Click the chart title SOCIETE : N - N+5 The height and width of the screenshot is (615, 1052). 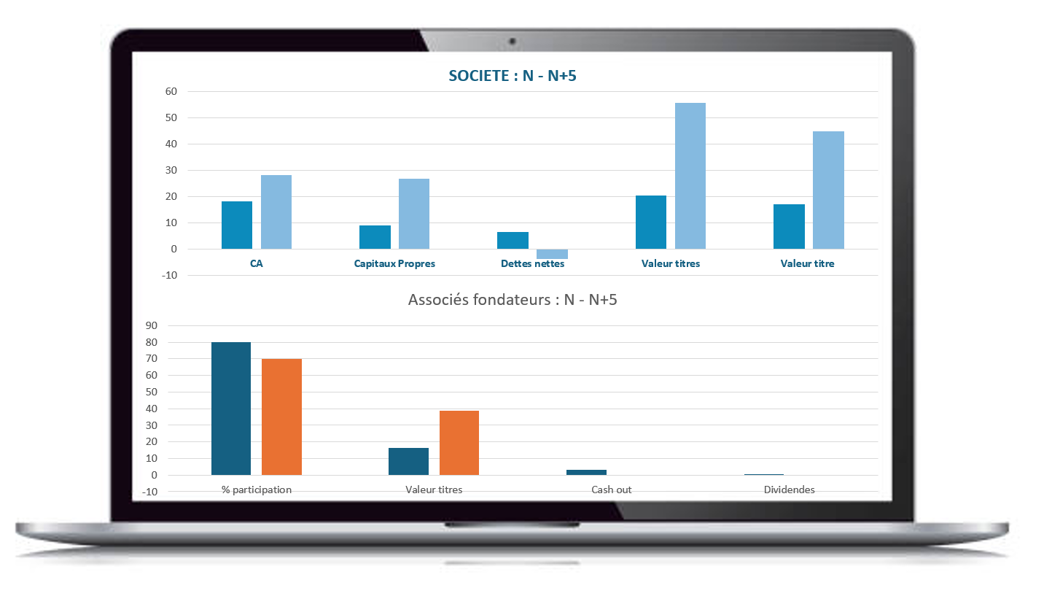[512, 76]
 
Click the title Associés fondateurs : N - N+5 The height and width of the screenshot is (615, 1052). [512, 300]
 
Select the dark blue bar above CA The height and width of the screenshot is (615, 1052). [237, 225]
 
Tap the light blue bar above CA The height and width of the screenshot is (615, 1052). [276, 212]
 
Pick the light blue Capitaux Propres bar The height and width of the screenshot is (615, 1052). [414, 214]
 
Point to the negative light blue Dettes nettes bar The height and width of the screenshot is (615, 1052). [552, 254]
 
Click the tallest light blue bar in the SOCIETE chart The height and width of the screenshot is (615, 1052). [690, 176]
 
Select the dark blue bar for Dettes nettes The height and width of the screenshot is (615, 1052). [513, 241]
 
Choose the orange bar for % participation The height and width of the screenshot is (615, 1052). [281, 417]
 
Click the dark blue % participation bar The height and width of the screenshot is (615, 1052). [231, 409]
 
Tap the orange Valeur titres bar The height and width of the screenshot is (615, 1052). [459, 443]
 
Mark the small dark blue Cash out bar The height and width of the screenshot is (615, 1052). [586, 472]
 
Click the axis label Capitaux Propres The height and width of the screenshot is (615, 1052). [394, 263]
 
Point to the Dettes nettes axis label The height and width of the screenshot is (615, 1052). [532, 263]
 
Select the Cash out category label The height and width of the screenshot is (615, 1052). [611, 490]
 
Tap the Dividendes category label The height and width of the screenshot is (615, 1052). [789, 490]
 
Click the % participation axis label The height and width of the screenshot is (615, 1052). [257, 490]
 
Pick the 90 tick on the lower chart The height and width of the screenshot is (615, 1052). [152, 325]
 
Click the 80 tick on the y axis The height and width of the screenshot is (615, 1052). [152, 342]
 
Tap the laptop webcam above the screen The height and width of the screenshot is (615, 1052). [513, 41]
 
